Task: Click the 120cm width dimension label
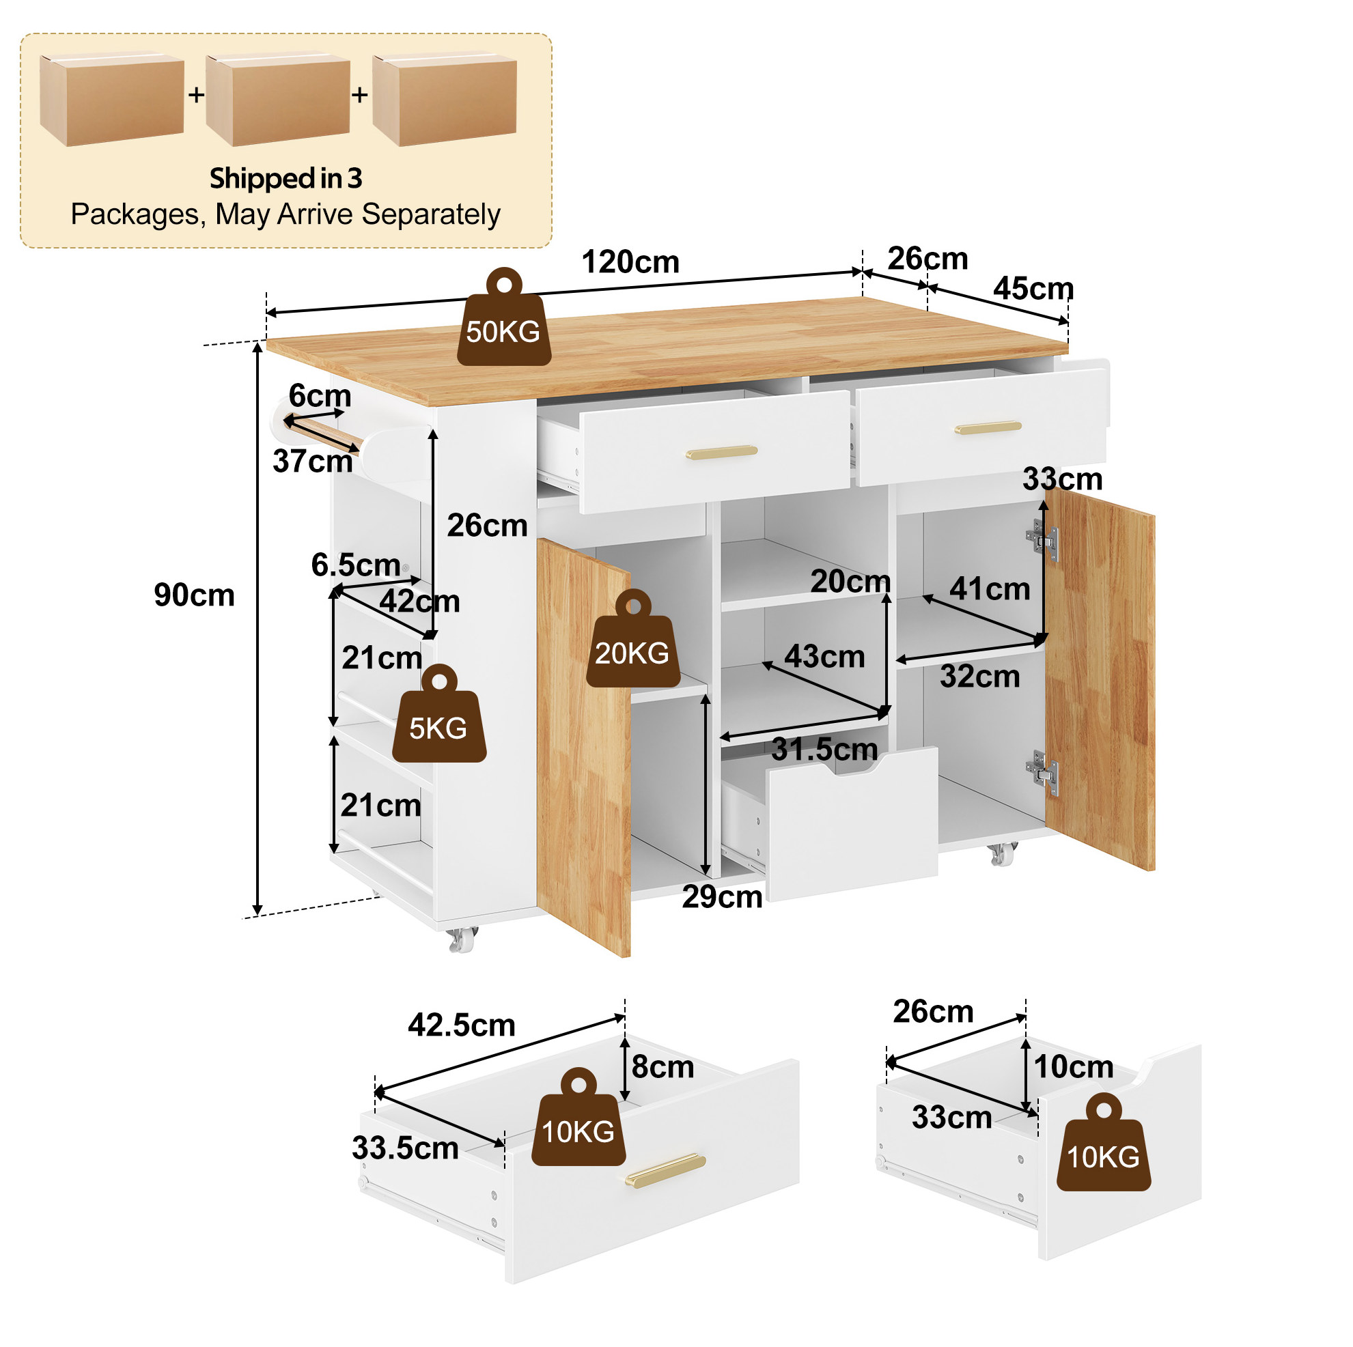click(630, 263)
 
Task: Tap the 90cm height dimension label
click(194, 595)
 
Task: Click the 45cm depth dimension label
click(1033, 288)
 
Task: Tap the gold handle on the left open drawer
click(721, 451)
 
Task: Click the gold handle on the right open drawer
click(988, 427)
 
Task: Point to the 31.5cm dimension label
click(824, 750)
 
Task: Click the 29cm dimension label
click(722, 898)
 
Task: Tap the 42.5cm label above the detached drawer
click(462, 1025)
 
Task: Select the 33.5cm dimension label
click(405, 1148)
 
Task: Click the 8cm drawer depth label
click(662, 1067)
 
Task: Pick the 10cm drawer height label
click(1074, 1067)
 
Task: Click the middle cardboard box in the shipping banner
click(278, 100)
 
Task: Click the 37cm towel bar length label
click(312, 462)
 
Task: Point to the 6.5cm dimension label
click(356, 565)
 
